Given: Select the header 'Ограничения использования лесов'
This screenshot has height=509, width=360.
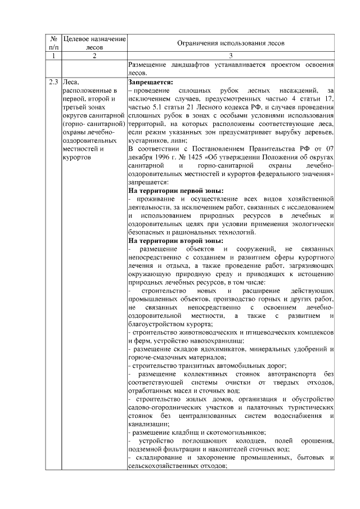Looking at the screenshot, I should (x=231, y=43).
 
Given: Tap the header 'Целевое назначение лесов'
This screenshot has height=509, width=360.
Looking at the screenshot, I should (x=94, y=43).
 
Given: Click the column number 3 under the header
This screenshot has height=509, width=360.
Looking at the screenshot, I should (x=231, y=56).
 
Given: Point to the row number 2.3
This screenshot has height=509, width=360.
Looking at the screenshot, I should (x=55, y=82).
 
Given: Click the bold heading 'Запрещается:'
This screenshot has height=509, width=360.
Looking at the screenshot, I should (x=149, y=82).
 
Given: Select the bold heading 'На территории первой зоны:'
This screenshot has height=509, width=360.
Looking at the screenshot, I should (x=175, y=191).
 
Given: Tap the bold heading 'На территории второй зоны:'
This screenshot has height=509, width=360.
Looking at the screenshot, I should (x=175, y=240).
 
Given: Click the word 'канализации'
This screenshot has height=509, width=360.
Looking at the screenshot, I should (x=148, y=424).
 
